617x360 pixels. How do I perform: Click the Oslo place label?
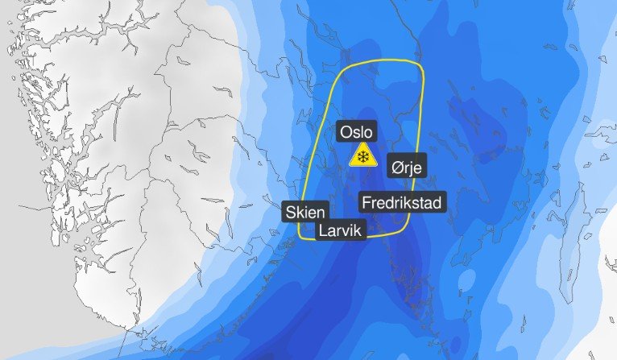click(358, 131)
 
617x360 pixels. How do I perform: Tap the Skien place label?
click(305, 213)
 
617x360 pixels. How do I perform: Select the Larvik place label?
click(342, 231)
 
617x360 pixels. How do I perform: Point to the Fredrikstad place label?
click(401, 202)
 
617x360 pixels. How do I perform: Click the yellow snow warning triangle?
click(363, 155)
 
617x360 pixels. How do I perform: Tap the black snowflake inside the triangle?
click(363, 157)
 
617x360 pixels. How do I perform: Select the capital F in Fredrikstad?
click(367, 202)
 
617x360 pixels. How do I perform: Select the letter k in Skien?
click(300, 213)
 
